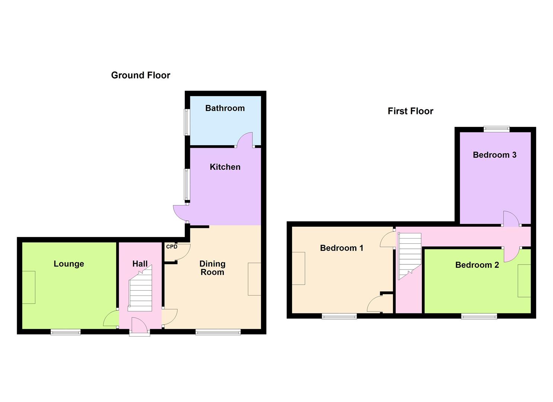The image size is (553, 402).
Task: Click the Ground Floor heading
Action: coord(140,75)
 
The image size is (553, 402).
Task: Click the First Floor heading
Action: coord(410,111)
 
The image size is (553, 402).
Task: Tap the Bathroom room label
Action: coord(225,108)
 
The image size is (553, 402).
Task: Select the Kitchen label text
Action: coord(225,167)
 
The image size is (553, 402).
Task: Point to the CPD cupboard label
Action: coord(172,247)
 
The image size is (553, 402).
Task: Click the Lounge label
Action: coord(69,264)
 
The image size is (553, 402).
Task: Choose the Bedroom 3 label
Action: coord(495,155)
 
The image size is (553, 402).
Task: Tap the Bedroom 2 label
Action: coord(477,265)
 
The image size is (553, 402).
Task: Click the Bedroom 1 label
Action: coord(341,248)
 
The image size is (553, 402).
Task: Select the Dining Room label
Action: coord(212,268)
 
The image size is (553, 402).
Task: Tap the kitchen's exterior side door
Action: coord(180,213)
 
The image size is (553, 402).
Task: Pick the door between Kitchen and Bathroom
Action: coord(245,140)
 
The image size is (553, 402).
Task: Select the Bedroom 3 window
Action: coord(496,129)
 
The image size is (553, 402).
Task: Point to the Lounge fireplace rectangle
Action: coord(29,287)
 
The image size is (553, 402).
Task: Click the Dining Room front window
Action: coord(218,332)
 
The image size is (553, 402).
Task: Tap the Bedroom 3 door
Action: coord(511,219)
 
